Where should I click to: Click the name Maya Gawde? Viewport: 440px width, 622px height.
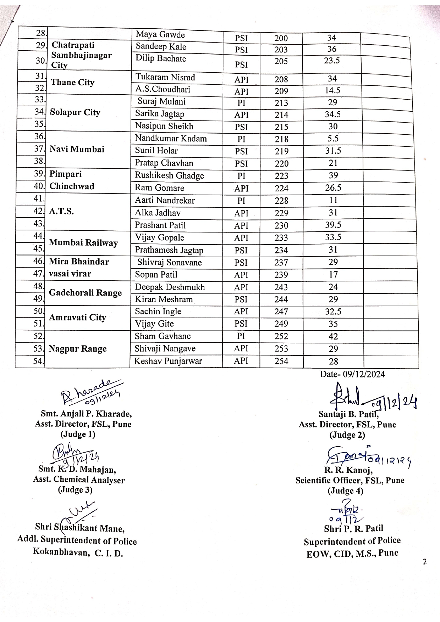tap(160, 35)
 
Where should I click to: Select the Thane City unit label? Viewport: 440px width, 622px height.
tap(72, 83)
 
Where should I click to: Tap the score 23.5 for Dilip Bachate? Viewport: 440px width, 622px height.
tap(332, 61)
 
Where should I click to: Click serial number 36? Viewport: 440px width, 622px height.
tap(39, 136)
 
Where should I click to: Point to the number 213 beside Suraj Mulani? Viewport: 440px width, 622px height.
tap(281, 103)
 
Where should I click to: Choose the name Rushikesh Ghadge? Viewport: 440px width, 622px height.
tap(169, 176)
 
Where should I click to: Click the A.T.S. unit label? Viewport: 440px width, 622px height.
tap(61, 212)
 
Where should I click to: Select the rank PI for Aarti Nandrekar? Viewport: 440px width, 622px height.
tap(241, 201)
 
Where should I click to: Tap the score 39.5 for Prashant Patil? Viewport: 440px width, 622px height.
tap(333, 225)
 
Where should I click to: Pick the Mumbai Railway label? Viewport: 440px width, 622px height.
tap(83, 243)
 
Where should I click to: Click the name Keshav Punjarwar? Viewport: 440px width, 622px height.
tap(168, 362)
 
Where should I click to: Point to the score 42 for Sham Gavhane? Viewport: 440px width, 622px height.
tap(333, 336)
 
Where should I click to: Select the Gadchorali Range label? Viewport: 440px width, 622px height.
tap(85, 293)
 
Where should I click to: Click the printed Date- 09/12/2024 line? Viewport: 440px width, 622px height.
tap(352, 374)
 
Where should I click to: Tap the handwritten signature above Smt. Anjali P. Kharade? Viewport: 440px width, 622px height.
tap(90, 392)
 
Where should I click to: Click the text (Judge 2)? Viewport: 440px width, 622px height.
tap(347, 435)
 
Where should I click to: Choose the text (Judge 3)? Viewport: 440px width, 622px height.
tap(75, 490)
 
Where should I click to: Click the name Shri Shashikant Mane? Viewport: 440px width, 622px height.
tap(80, 528)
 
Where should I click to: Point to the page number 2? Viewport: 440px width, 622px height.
tap(425, 562)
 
